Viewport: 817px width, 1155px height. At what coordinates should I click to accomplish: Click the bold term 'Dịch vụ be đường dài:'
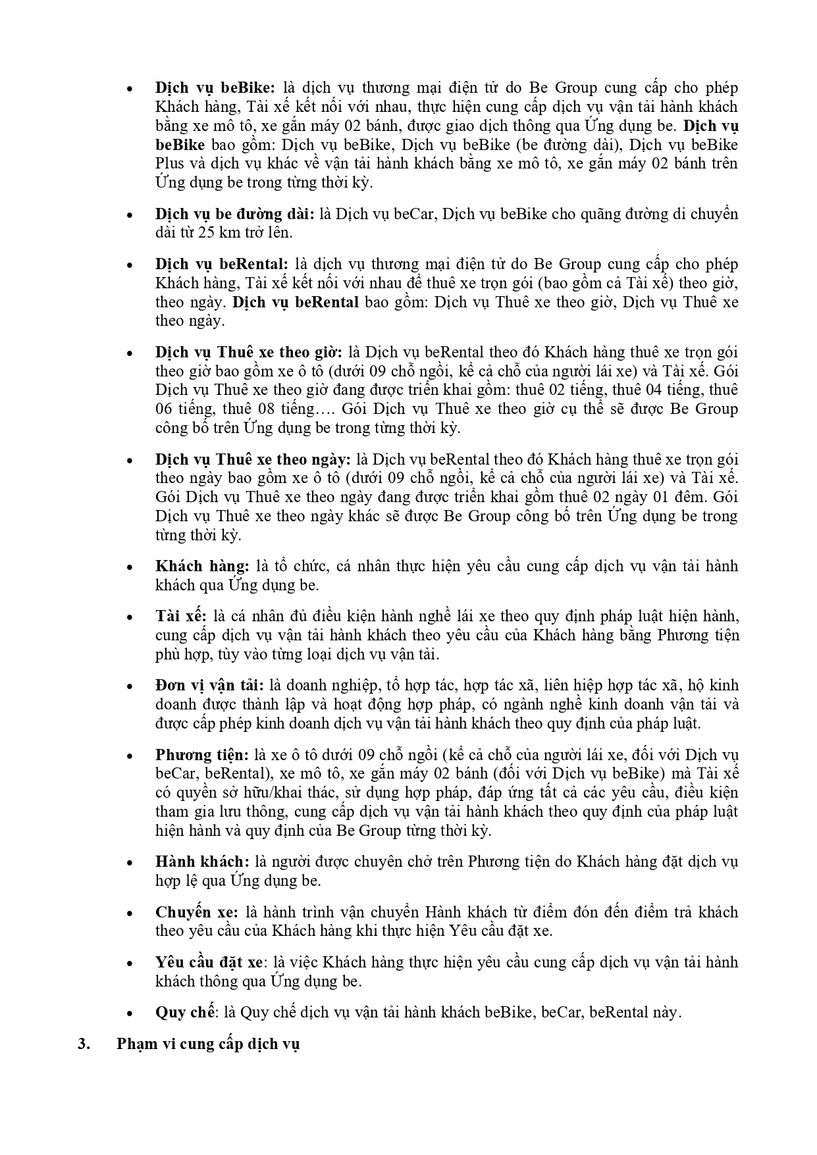tap(235, 214)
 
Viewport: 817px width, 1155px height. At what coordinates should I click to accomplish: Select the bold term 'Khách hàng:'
tap(202, 566)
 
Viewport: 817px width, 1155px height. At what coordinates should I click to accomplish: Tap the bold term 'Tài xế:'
tap(181, 617)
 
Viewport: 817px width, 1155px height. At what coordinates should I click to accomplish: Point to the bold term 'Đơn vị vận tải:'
tap(209, 686)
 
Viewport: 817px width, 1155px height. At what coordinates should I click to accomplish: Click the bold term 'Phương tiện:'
tap(202, 755)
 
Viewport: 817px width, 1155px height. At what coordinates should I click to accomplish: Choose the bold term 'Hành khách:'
tap(202, 861)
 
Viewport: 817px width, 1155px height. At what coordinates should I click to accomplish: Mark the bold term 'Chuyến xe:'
tap(198, 912)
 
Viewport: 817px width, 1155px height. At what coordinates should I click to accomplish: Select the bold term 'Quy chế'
tap(185, 1012)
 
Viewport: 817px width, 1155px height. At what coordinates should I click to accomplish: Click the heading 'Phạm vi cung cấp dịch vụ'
tap(208, 1045)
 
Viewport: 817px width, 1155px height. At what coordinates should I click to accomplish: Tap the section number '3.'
tap(83, 1045)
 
